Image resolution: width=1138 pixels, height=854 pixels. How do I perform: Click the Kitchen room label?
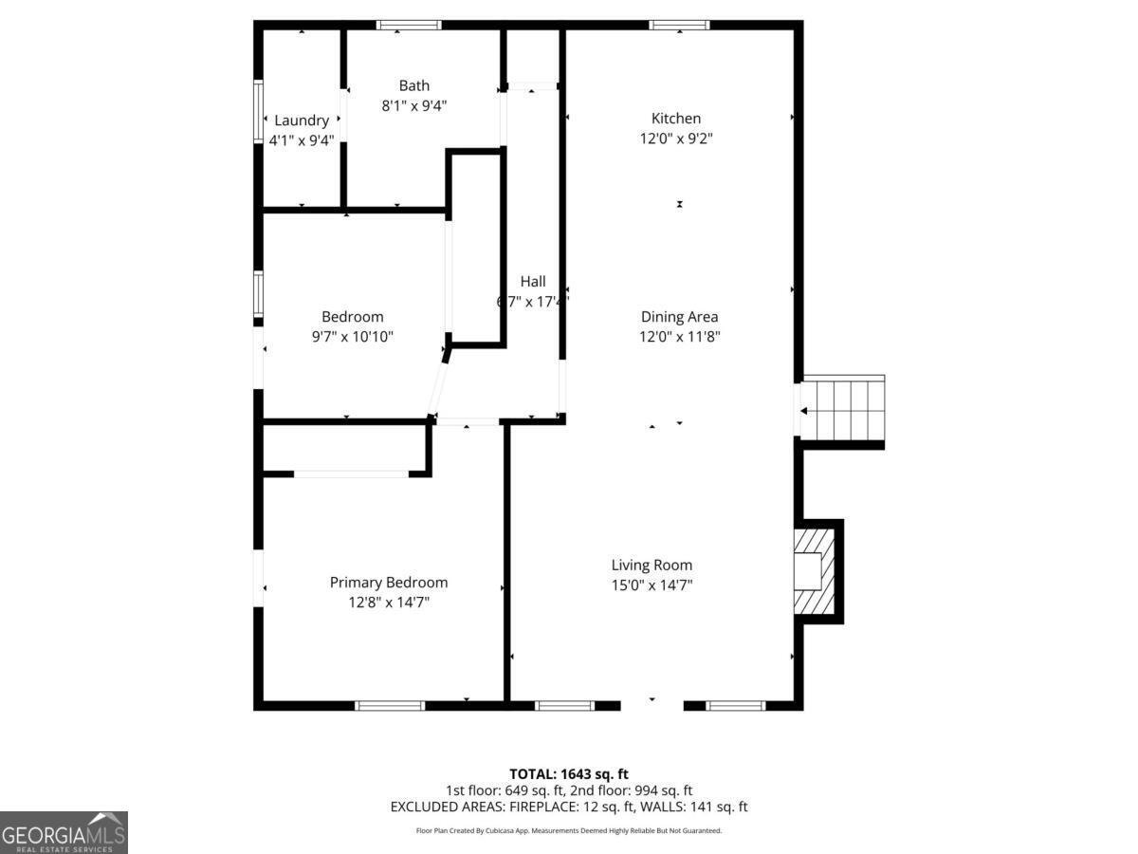676,119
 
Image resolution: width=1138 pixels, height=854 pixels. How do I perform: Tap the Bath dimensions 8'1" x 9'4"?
413,106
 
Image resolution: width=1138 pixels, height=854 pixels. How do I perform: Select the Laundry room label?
302,121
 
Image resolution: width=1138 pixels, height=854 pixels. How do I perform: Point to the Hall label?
533,282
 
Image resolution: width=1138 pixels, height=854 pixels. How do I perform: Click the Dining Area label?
679,317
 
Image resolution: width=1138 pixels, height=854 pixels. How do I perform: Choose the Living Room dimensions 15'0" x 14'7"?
652,585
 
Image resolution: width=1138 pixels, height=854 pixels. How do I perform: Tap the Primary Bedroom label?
389,583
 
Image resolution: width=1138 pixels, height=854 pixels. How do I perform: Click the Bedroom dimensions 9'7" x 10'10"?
353,337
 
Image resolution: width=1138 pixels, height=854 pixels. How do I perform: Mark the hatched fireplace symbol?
814,571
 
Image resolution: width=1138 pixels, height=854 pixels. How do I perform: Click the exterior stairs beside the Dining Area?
843,409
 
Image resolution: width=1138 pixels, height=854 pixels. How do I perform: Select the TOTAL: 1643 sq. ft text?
569,774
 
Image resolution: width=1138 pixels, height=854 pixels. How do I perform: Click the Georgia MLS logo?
64,832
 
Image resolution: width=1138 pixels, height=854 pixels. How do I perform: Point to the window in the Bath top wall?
409,25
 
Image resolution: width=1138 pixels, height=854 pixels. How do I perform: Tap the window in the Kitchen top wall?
679,25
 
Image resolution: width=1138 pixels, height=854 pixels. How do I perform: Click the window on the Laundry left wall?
258,112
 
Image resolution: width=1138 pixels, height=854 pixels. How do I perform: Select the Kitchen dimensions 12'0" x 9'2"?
676,139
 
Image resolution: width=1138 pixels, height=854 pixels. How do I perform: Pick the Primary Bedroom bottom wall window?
390,705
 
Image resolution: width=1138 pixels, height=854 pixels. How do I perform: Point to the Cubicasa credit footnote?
569,830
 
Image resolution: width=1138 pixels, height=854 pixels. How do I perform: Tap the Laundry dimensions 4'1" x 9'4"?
302,140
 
